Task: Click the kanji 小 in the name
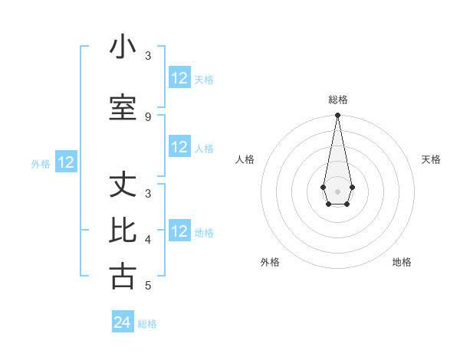pyautogui.click(x=123, y=47)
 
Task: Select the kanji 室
pyautogui.click(x=123, y=108)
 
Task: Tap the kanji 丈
pyautogui.click(x=123, y=186)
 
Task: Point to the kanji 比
pyautogui.click(x=123, y=231)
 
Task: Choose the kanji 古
pyautogui.click(x=123, y=277)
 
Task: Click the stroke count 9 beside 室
pyautogui.click(x=148, y=116)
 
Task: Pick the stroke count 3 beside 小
pyautogui.click(x=148, y=56)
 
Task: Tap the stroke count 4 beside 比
pyautogui.click(x=148, y=240)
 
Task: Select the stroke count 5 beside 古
pyautogui.click(x=148, y=286)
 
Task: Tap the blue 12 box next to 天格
pyautogui.click(x=179, y=78)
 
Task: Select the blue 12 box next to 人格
pyautogui.click(x=179, y=147)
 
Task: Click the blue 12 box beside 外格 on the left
pyautogui.click(x=66, y=162)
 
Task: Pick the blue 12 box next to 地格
pyautogui.click(x=179, y=231)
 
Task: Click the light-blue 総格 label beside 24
pyautogui.click(x=147, y=324)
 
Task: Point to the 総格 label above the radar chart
pyautogui.click(x=338, y=100)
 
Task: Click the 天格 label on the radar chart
pyautogui.click(x=432, y=159)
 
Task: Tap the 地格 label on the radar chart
pyautogui.click(x=402, y=262)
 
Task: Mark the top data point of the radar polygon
pyautogui.click(x=337, y=116)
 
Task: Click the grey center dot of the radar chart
pyautogui.click(x=337, y=191)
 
